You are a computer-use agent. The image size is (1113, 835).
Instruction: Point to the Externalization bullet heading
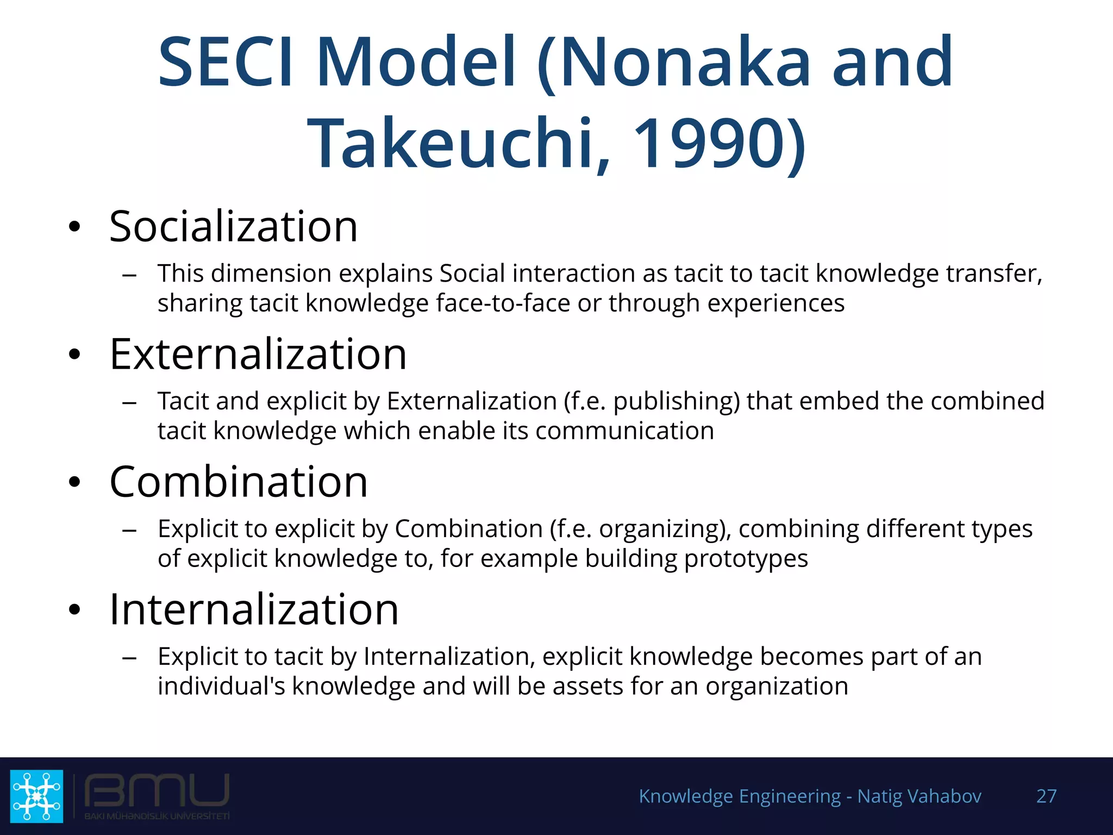tap(258, 354)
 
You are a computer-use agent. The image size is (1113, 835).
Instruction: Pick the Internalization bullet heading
tap(254, 609)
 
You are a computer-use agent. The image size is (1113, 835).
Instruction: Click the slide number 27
tap(1046, 796)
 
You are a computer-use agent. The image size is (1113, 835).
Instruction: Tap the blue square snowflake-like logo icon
tap(37, 796)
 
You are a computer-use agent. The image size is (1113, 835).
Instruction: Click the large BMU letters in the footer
tap(157, 790)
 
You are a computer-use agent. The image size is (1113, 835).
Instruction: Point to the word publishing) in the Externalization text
tap(677, 401)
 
